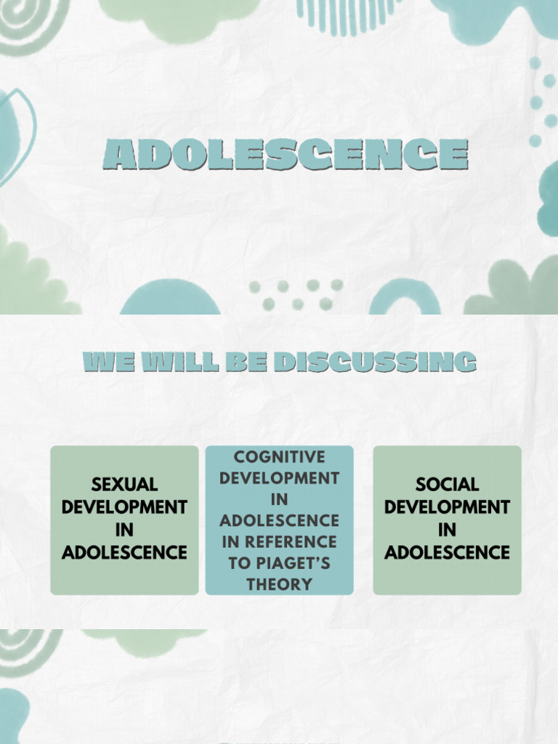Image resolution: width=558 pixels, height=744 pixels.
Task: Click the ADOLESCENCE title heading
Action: click(x=285, y=155)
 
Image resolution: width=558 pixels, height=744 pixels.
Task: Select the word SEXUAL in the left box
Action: click(x=124, y=485)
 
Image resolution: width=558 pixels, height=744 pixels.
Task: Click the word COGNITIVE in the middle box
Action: click(x=280, y=457)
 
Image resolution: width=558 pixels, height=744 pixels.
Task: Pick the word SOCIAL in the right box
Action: click(x=447, y=485)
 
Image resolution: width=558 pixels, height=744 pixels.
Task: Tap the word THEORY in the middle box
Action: click(x=280, y=584)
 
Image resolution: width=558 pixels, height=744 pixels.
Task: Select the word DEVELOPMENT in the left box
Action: click(x=124, y=507)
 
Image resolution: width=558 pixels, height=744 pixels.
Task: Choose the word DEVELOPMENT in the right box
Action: click(x=447, y=507)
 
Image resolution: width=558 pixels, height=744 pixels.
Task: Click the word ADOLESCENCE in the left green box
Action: click(x=124, y=553)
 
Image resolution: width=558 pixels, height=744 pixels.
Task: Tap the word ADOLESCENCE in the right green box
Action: click(x=447, y=553)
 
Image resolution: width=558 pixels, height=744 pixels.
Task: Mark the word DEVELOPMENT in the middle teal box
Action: click(x=280, y=478)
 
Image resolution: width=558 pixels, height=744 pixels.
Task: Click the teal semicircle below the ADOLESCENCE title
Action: click(x=170, y=299)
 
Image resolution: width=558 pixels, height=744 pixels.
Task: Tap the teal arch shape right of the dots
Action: click(x=405, y=300)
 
